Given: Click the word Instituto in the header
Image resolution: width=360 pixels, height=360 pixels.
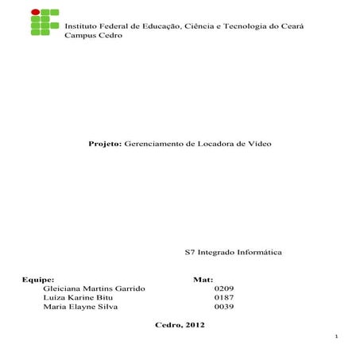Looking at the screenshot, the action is (x=80, y=27).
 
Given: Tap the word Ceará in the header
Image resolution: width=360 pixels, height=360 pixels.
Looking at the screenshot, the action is (x=292, y=27).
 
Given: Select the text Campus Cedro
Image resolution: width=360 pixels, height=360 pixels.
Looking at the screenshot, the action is (x=93, y=37).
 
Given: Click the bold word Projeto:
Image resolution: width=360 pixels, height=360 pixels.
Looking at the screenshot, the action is (x=106, y=147).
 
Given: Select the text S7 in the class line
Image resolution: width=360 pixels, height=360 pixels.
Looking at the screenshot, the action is (x=188, y=254).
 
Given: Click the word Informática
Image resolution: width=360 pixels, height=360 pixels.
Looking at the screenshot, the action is (x=257, y=254).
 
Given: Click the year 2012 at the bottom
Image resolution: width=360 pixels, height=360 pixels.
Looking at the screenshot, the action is (x=195, y=326).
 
